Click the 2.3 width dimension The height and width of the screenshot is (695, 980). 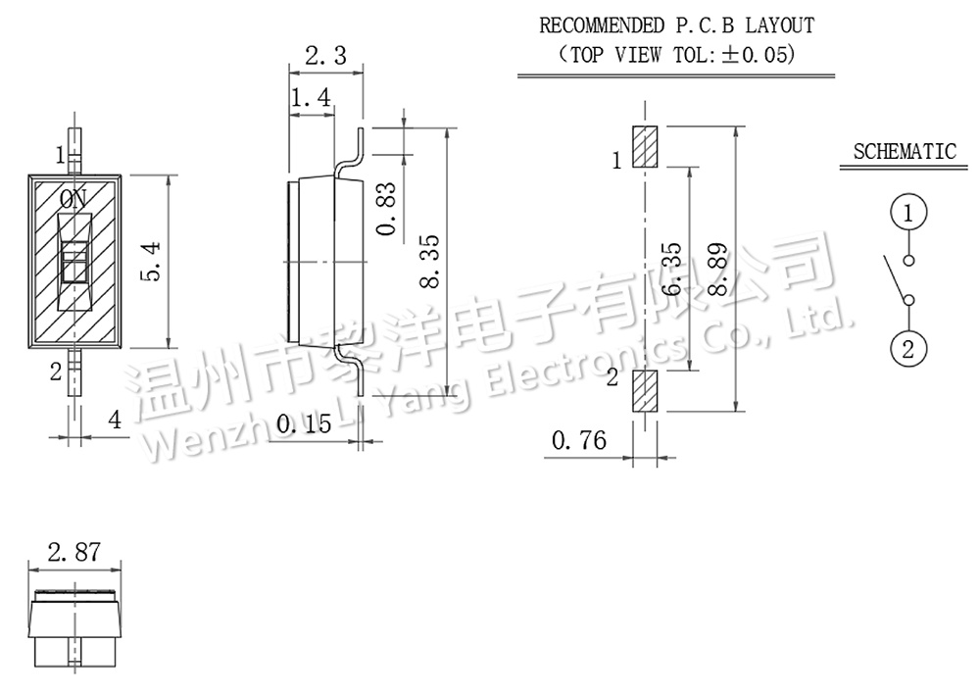[x=326, y=56]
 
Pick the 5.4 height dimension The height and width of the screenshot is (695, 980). [x=150, y=262]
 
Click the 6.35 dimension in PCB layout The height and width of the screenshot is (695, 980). [x=671, y=271]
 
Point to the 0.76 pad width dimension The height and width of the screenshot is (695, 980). [x=579, y=440]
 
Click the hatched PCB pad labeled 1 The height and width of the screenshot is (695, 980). [x=645, y=147]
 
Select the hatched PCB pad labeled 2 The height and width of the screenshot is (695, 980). [x=645, y=392]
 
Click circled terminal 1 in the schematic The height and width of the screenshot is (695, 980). [x=908, y=212]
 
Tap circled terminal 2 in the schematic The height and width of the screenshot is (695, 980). [x=908, y=348]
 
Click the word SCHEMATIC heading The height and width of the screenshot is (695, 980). [x=904, y=152]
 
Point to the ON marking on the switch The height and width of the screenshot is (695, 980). [x=73, y=198]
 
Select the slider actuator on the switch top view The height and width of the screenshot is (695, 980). [x=75, y=263]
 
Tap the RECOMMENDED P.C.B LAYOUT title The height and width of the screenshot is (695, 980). [x=676, y=25]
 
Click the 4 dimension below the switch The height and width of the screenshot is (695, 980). [x=115, y=421]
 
